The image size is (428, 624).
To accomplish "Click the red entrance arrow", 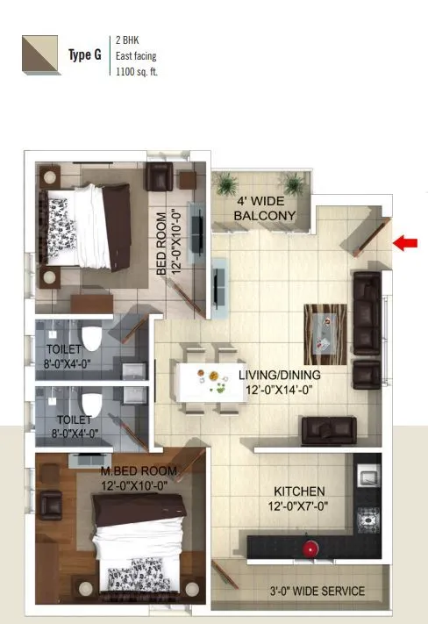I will click(x=404, y=243).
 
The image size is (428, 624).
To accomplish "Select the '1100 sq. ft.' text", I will click(x=137, y=71).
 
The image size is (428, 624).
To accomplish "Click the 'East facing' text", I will click(x=136, y=55).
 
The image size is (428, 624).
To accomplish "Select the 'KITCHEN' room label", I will click(x=299, y=491).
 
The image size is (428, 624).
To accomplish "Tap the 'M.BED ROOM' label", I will click(x=139, y=471).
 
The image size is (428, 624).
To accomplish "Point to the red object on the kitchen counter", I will click(x=309, y=548).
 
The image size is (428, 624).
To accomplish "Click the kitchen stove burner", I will click(x=369, y=518).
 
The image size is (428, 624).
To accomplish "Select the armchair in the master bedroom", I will click(x=50, y=505).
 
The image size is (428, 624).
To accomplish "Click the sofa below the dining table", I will click(x=328, y=430).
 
